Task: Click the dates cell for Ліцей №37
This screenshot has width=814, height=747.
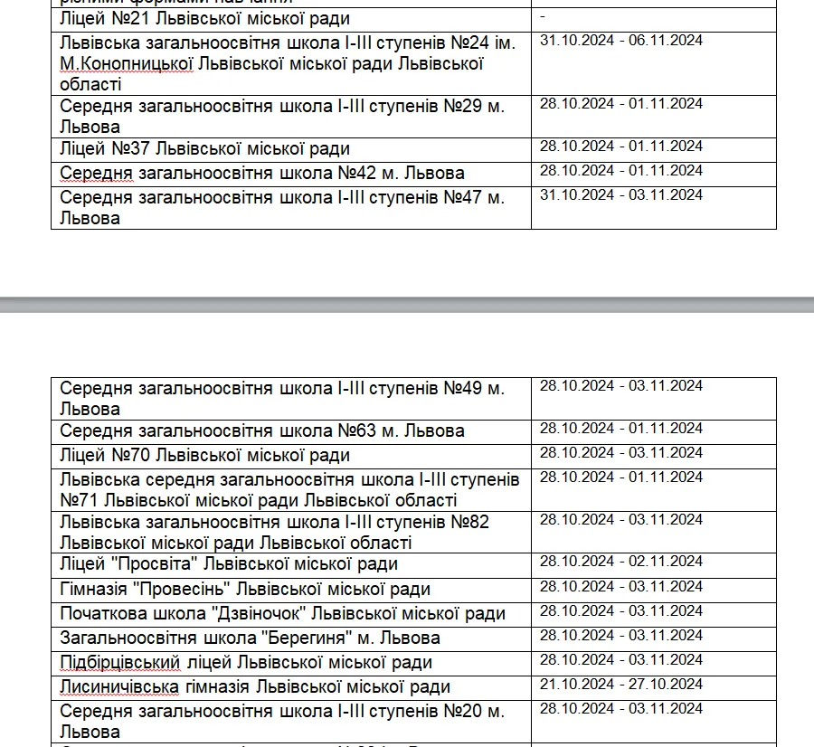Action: point(620,147)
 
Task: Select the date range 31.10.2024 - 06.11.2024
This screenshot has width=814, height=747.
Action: point(620,41)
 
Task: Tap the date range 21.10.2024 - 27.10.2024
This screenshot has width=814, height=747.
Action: point(620,684)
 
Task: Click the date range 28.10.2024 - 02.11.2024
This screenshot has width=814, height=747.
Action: point(620,562)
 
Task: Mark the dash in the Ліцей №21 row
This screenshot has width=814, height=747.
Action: point(542,16)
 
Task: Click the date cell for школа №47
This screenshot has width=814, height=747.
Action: point(620,195)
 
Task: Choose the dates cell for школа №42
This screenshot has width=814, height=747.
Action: point(620,171)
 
